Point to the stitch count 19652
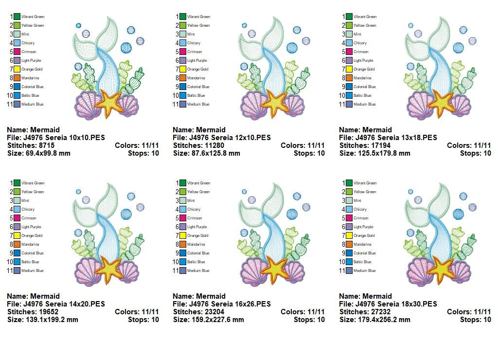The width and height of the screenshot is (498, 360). (50, 312)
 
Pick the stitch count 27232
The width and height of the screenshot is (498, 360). (382, 312)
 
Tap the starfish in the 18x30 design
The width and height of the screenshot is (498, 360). (442, 269)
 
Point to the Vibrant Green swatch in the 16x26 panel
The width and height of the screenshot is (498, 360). (183, 183)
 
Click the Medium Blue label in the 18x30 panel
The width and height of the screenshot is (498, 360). (365, 270)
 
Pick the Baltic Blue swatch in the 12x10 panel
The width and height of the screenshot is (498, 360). (183, 95)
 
